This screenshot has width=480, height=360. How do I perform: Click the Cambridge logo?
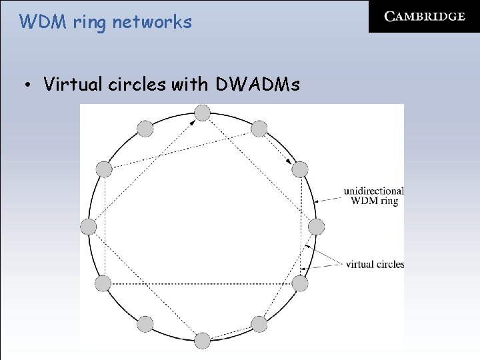coord(424,17)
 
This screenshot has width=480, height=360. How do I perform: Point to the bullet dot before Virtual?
coord(27,85)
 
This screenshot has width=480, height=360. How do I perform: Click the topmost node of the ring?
coord(202,113)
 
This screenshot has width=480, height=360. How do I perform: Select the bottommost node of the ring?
coord(202,341)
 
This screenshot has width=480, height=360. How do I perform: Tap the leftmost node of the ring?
coord(88,227)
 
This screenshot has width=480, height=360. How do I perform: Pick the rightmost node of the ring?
coord(316,227)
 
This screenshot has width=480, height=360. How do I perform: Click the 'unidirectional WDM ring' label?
coord(373,196)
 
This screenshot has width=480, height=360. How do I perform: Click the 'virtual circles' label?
coord(375,264)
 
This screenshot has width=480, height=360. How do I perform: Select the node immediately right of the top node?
coord(259,129)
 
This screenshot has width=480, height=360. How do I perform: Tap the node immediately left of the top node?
coord(145,129)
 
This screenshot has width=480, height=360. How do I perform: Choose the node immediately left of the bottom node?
coord(145,325)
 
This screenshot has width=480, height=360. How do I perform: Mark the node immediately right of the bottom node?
coord(259,325)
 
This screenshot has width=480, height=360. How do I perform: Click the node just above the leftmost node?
coord(103,169)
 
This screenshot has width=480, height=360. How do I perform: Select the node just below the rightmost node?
coord(300,284)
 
